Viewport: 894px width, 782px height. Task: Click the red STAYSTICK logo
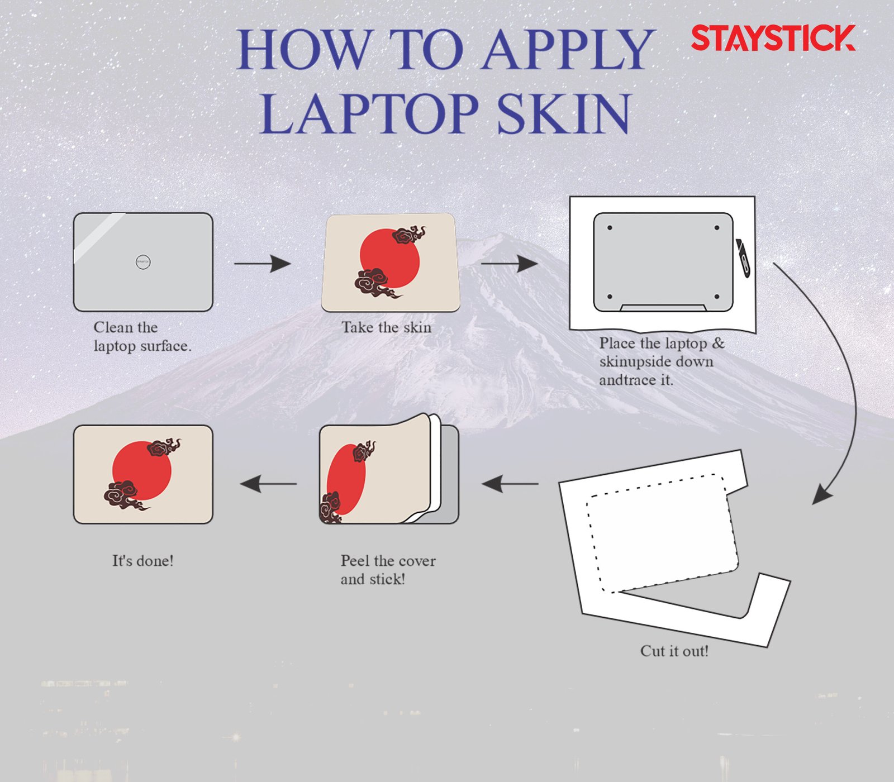click(x=773, y=38)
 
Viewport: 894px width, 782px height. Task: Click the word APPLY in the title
click(x=568, y=50)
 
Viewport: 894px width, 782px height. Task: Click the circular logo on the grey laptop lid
click(x=143, y=261)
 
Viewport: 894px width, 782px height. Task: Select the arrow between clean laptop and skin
click(x=263, y=263)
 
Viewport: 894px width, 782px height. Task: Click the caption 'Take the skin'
click(x=387, y=327)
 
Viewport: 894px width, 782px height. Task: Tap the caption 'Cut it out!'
click(x=674, y=651)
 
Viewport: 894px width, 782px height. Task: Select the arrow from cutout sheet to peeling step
click(x=510, y=484)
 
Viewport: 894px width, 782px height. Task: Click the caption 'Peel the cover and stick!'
click(x=388, y=570)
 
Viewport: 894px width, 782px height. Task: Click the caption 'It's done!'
click(x=143, y=560)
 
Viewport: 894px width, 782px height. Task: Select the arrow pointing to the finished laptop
click(x=268, y=484)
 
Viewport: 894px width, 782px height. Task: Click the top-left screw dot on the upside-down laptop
click(x=610, y=228)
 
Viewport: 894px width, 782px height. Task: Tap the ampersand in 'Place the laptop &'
click(x=719, y=343)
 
